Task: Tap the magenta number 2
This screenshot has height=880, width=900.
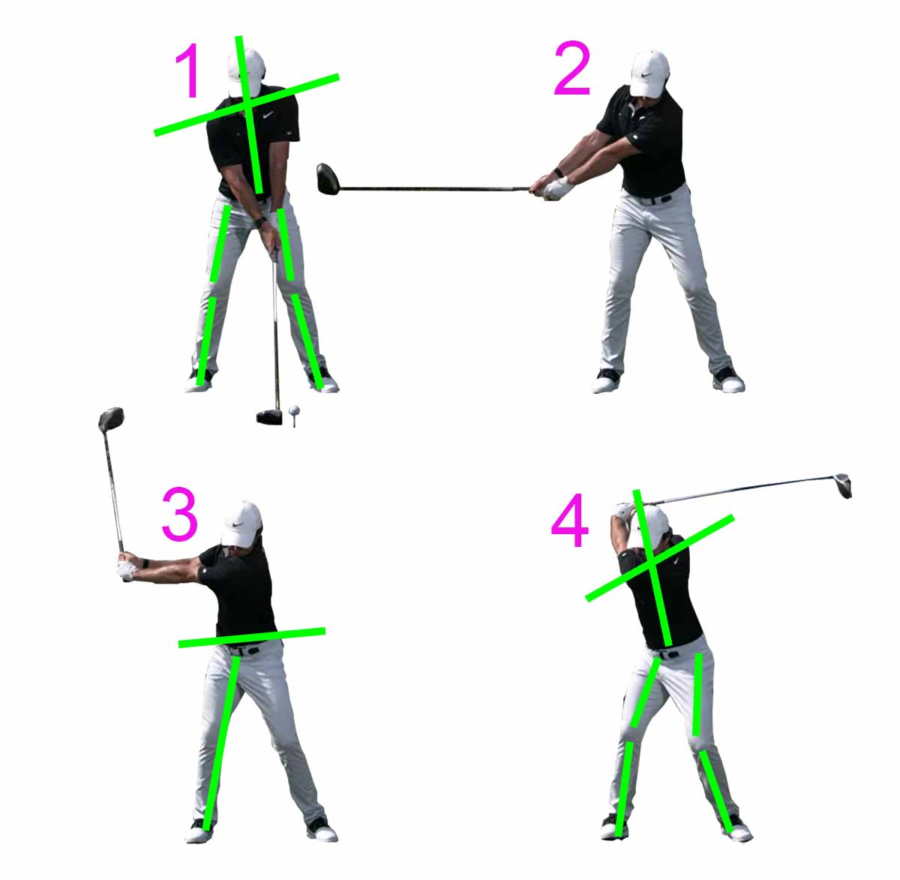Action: [x=572, y=68]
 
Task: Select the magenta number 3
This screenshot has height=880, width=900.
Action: [x=180, y=514]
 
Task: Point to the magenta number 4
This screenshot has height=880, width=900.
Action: [x=570, y=521]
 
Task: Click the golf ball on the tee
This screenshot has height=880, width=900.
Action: [x=294, y=410]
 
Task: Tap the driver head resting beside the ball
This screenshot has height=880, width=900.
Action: [x=270, y=417]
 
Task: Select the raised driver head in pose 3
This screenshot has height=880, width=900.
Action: [x=111, y=419]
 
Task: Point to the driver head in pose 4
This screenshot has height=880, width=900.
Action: [x=845, y=486]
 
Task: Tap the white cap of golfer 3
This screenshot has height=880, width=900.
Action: [x=241, y=524]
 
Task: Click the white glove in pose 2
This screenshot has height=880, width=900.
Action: [x=559, y=188]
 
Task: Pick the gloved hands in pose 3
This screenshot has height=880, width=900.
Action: [x=126, y=569]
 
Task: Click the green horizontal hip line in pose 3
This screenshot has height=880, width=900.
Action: [x=252, y=638]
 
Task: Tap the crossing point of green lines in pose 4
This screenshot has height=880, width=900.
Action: [x=651, y=562]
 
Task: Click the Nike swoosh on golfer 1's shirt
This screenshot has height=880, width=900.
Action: [x=268, y=115]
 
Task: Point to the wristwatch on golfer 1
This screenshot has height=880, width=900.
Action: [x=262, y=222]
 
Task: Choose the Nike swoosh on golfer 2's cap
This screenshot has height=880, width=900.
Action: [x=647, y=74]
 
